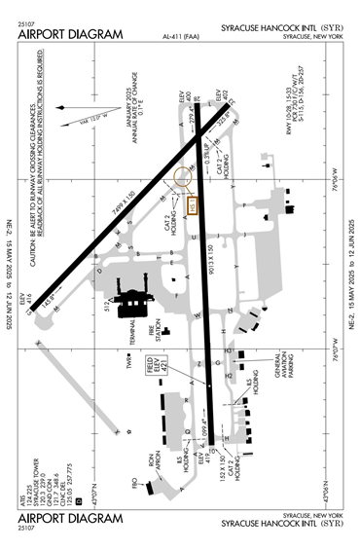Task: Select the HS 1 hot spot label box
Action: pyautogui.click(x=193, y=206)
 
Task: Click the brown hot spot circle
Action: pyautogui.click(x=180, y=178)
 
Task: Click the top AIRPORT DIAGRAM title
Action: pyautogui.click(x=70, y=34)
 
